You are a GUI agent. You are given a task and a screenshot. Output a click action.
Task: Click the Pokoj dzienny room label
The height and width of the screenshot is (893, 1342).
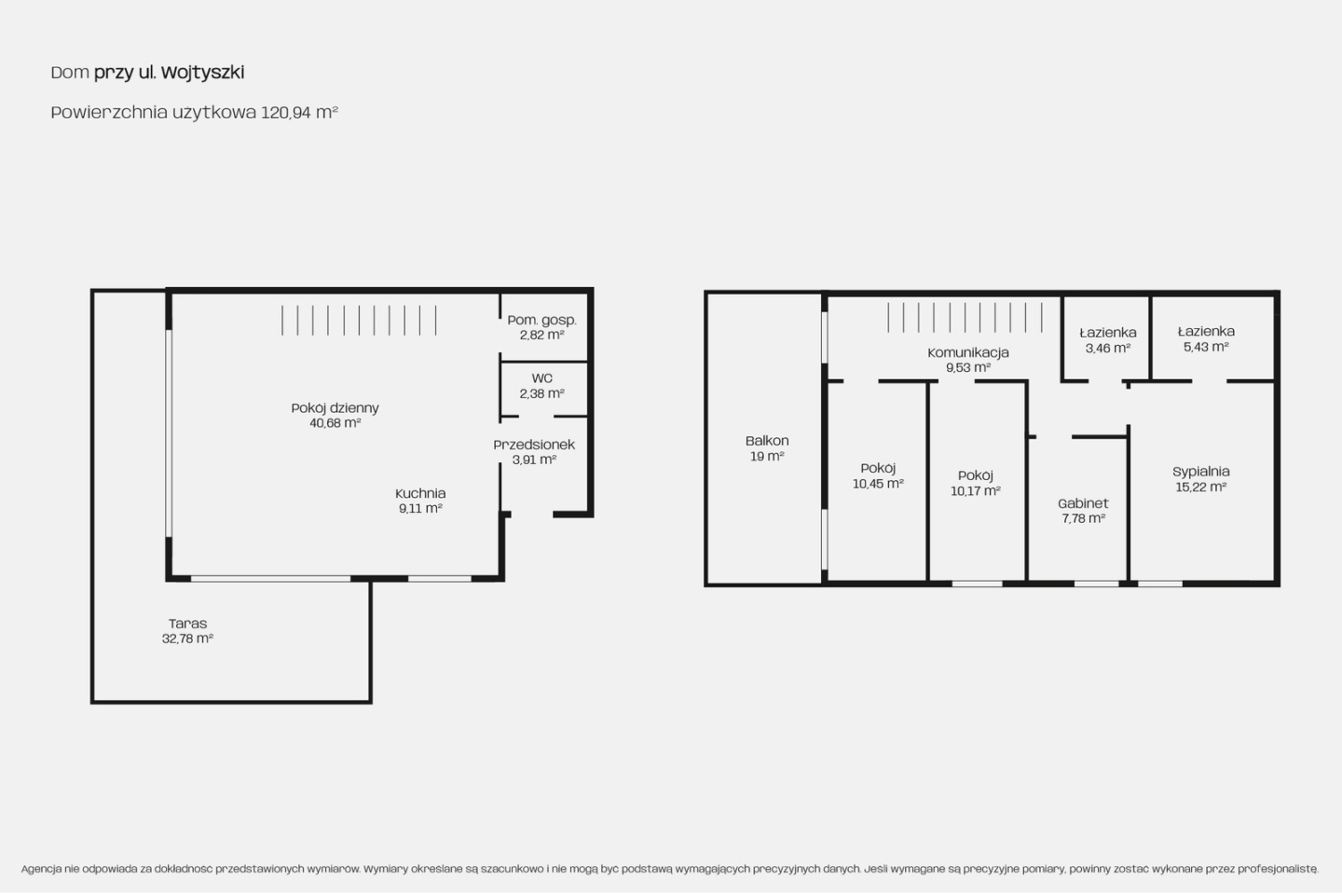335,408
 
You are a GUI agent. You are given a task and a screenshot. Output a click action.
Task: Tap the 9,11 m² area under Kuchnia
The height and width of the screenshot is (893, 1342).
420,508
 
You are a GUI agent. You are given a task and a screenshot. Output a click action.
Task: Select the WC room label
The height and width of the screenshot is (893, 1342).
541,378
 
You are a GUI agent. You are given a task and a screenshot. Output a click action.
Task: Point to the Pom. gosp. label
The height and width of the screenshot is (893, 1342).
541,320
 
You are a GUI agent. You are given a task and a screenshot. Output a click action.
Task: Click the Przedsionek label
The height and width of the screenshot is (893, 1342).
534,445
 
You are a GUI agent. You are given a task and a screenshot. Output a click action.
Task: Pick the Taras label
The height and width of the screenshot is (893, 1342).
187,624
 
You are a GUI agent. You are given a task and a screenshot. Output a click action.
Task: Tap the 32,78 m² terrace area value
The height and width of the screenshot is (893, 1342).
187,639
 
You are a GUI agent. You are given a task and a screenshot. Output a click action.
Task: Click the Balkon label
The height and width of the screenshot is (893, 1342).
767,441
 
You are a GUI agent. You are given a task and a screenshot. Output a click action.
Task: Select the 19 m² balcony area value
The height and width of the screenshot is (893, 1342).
767,456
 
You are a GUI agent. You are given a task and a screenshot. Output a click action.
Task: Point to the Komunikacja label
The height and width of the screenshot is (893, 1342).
968,352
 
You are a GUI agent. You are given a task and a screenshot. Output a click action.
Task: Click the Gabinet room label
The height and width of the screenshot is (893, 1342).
1083,503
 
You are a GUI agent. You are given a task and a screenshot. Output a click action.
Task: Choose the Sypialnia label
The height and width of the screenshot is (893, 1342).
1201,472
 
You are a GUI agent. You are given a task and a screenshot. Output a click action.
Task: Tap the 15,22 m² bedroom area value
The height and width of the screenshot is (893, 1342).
1201,488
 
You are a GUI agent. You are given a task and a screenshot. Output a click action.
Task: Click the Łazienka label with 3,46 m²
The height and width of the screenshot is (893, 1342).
1108,332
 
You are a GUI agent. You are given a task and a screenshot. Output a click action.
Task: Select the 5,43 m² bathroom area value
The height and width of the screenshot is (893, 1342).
1206,347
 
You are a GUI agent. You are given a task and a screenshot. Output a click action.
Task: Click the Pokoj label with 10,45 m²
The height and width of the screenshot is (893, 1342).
878,468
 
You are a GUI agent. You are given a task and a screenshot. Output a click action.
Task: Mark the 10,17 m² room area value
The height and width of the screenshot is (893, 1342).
976,491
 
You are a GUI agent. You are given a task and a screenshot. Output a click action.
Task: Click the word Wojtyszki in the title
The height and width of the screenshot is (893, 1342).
203,73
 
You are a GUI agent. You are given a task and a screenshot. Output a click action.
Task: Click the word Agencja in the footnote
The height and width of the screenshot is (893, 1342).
41,869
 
